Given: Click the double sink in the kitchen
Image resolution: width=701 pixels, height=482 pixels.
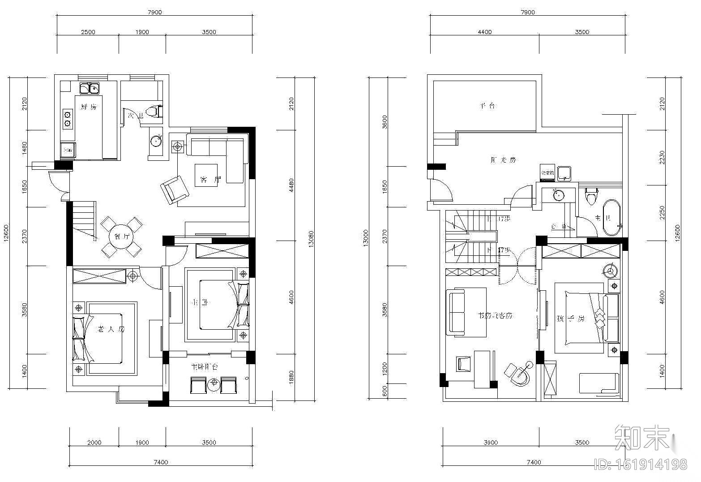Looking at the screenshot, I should point(90,88).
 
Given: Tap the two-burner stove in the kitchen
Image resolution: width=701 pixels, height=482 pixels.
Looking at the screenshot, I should point(67,118).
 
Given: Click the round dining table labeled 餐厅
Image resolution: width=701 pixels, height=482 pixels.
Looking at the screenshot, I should point(121,237).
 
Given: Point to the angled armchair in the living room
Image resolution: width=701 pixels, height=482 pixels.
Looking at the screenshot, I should point(175,189).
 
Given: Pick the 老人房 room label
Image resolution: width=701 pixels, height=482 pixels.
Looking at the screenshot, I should point(111,329).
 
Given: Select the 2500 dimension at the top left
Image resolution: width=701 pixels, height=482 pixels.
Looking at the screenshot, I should point(88,32).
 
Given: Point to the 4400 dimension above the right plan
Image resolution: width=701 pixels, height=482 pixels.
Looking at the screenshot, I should point(484,32).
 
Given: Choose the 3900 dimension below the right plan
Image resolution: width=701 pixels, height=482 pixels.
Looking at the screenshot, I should point(491,443).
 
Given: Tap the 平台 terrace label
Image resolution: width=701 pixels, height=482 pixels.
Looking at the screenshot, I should point(487,106).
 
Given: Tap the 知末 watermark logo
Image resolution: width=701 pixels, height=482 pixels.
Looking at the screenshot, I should point(645,437).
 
